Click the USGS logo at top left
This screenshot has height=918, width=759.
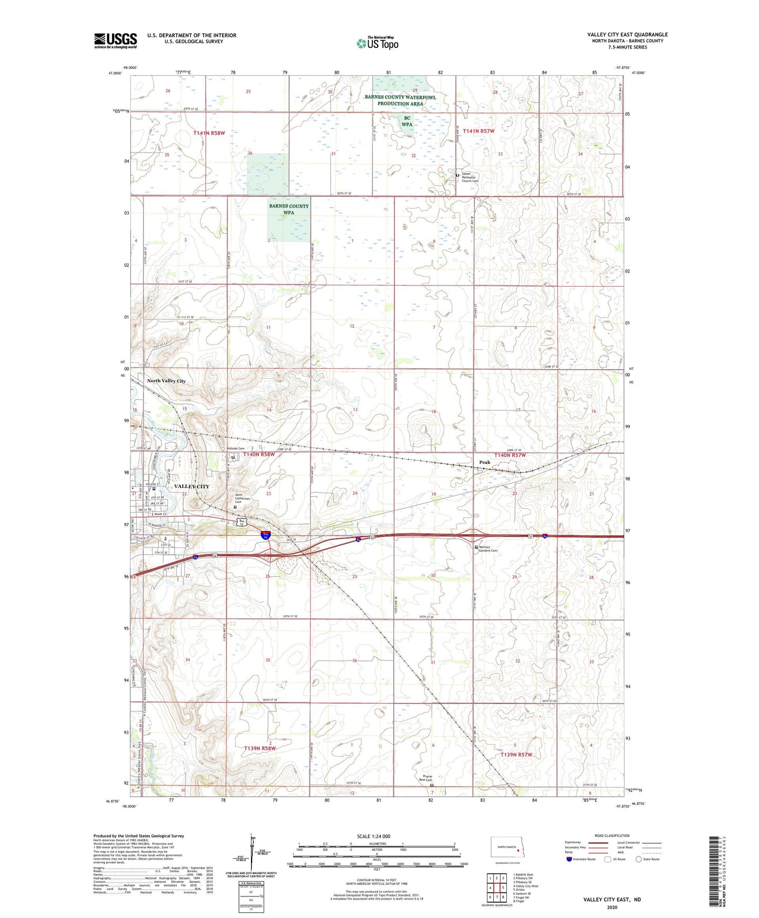tap(116, 40)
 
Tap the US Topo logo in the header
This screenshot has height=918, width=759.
tap(377, 43)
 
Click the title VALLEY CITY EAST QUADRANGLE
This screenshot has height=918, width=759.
tap(627, 35)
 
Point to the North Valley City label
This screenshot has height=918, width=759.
tap(166, 381)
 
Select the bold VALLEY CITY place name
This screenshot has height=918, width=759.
tap(191, 486)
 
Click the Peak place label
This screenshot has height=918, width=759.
tap(484, 462)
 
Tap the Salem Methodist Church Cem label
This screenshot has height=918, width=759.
tap(469, 177)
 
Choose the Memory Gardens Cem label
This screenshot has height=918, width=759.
tap(488, 549)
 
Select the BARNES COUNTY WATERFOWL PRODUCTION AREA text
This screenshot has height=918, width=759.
tap(400, 100)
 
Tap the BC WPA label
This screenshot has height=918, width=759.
tap(407, 121)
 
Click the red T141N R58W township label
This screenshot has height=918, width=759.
tap(209, 133)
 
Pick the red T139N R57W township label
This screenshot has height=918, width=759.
tap(516, 754)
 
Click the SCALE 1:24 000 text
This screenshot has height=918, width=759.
tap(373, 836)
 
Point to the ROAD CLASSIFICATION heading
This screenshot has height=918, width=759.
tap(612, 835)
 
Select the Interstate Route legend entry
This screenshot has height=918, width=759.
tap(583, 859)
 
